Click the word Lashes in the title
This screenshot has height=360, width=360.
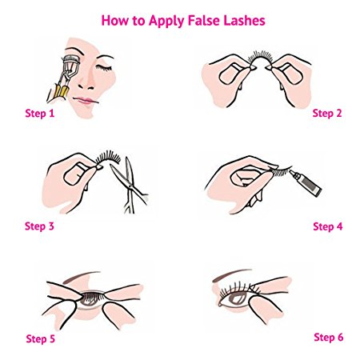coord(242,18)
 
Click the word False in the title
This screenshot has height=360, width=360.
coord(203,18)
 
